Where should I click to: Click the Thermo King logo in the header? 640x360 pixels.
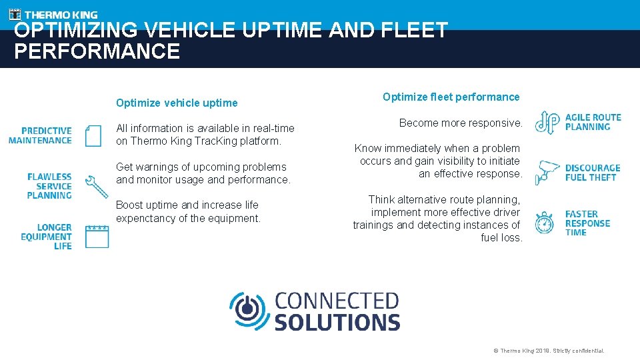pyautogui.click(x=53, y=14)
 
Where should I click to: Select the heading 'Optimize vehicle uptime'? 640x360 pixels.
pyautogui.click(x=177, y=103)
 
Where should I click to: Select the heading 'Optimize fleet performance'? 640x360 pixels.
pyautogui.click(x=451, y=97)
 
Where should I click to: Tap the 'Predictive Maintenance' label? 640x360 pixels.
pyautogui.click(x=40, y=135)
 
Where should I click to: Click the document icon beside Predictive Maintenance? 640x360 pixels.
pyautogui.click(x=93, y=135)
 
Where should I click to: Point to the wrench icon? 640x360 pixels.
pyautogui.click(x=97, y=187)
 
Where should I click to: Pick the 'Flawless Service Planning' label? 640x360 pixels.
pyautogui.click(x=49, y=186)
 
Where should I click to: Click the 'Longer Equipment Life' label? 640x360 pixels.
pyautogui.click(x=46, y=237)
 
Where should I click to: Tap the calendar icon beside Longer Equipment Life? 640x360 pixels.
pyautogui.click(x=97, y=237)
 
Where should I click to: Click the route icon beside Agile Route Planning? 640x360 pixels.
pyautogui.click(x=547, y=123)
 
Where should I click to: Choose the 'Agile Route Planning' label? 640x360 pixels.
pyautogui.click(x=593, y=122)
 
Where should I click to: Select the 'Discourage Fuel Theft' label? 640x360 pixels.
pyautogui.click(x=592, y=173)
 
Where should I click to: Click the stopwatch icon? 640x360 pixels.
pyautogui.click(x=545, y=223)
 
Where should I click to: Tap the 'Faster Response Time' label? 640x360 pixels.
pyautogui.click(x=587, y=223)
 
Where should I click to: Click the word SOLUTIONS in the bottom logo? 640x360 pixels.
pyautogui.click(x=337, y=321)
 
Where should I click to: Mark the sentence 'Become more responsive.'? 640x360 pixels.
pyautogui.click(x=461, y=123)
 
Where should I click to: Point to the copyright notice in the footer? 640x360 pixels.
pyautogui.click(x=549, y=351)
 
